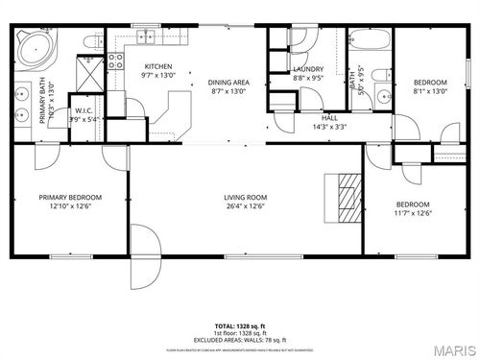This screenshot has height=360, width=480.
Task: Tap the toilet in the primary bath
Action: [91, 42]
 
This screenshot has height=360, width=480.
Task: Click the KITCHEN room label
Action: [157, 66]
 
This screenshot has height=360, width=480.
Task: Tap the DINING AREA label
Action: [228, 83]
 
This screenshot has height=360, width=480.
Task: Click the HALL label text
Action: [329, 118]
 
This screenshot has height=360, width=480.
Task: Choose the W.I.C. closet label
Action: [84, 110]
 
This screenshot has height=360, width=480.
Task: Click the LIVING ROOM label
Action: [245, 198]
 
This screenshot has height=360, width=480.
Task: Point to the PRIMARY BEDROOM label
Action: [70, 198]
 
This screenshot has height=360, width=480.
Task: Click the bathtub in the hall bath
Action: [369, 41]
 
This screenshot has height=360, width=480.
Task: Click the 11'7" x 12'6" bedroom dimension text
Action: [413, 212]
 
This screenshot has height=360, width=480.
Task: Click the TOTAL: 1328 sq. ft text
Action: [240, 327]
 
